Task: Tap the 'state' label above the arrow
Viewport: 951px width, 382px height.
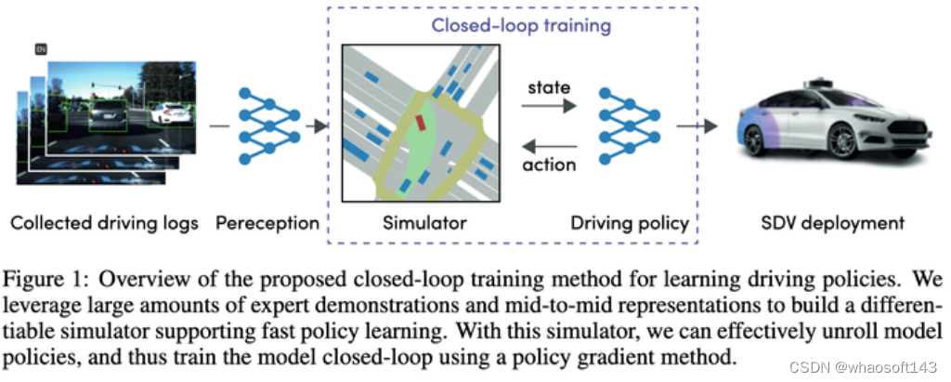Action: coord(548,88)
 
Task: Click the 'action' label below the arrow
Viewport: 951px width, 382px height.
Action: coord(549,165)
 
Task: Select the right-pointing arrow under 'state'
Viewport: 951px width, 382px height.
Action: coord(548,108)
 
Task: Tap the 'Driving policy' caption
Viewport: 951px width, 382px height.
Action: coord(629,223)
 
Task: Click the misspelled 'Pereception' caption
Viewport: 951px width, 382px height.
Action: coord(267,223)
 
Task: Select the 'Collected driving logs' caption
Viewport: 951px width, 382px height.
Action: coord(103,223)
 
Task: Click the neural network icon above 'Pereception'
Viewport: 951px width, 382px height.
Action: coord(269,125)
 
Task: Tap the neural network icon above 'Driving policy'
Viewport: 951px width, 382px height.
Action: coord(629,125)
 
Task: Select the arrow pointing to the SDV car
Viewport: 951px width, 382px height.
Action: coord(698,125)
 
